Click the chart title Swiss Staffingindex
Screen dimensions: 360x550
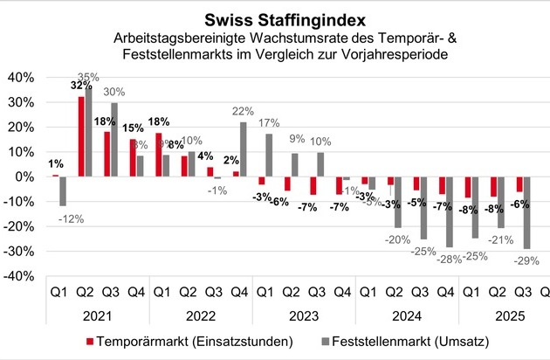(274, 17)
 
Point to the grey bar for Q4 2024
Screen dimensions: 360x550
(424, 211)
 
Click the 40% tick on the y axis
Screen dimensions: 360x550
(20, 78)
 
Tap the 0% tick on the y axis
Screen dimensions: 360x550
(24, 177)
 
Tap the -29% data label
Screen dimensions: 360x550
(527, 261)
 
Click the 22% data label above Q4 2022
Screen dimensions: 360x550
(218, 111)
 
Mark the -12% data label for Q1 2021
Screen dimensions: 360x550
(65, 218)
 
